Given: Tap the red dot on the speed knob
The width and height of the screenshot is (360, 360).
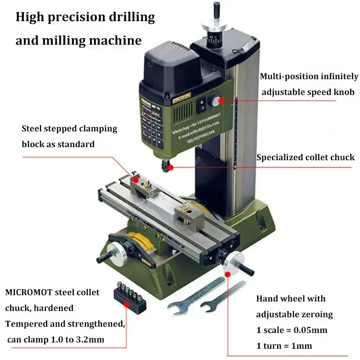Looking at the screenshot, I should pyautogui.click(x=221, y=101).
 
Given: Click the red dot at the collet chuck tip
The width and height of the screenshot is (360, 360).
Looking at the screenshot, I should pyautogui.click(x=170, y=167).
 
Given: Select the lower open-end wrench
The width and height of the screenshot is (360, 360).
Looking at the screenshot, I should pyautogui.click(x=223, y=299).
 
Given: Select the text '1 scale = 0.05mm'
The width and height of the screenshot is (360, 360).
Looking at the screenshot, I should pyautogui.click(x=292, y=330).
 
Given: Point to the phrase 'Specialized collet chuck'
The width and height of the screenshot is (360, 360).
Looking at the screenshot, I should pyautogui.click(x=306, y=157).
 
